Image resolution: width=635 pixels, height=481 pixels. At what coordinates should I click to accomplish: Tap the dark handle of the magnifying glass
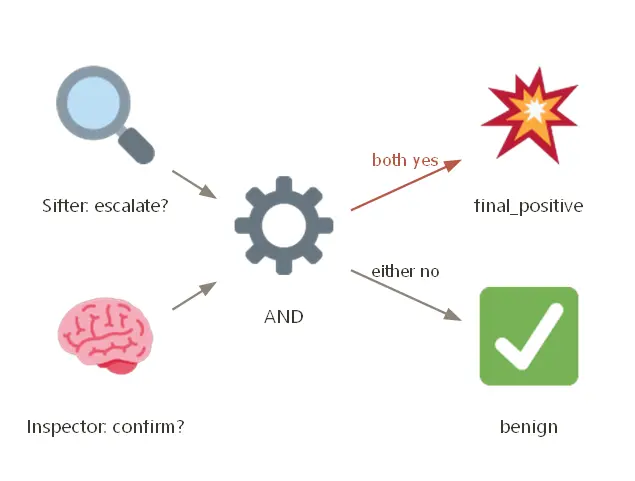coord(136,146)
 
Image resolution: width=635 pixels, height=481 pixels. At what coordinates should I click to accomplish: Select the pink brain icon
coord(105,336)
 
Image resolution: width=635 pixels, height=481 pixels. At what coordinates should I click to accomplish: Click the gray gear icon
coord(284,226)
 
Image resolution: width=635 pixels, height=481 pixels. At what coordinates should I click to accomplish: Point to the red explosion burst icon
coord(530,115)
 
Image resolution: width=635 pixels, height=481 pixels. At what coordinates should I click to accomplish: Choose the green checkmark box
coord(529,336)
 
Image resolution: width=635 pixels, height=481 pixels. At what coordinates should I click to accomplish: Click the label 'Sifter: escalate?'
coord(105,206)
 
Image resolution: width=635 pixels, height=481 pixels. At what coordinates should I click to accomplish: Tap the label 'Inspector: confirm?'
coord(105,427)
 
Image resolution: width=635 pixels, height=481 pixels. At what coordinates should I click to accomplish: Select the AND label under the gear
coord(284,317)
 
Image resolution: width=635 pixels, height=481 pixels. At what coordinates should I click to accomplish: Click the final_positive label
coord(529,206)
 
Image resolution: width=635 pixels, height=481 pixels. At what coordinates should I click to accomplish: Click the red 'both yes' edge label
coord(405,160)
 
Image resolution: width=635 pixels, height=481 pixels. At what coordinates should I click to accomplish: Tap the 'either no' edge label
coord(405,271)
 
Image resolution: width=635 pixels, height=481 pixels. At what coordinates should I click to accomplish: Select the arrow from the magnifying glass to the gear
coord(194,185)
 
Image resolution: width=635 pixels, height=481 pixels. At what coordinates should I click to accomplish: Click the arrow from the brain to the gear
coord(194,296)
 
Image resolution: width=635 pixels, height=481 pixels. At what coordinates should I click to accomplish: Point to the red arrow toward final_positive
coord(406,185)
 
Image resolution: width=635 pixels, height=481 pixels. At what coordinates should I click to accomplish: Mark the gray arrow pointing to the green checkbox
coord(406,295)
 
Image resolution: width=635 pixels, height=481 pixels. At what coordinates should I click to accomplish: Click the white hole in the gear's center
coord(284,226)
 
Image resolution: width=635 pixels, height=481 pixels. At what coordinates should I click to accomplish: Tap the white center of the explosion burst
coord(535,109)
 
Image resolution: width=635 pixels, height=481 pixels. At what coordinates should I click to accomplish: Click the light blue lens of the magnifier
coord(93,103)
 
